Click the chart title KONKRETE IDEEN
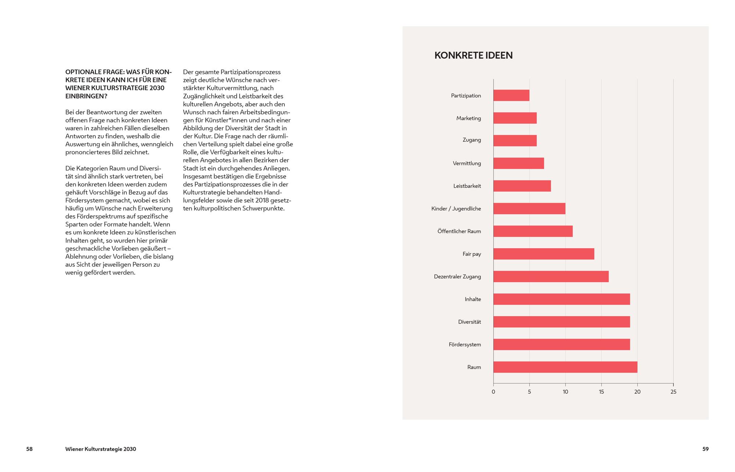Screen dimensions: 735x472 click(473, 55)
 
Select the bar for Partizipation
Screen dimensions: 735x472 click(511, 96)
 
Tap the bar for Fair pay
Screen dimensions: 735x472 click(544, 254)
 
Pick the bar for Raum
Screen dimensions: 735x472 click(565, 367)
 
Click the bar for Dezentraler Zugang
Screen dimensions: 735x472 click(551, 277)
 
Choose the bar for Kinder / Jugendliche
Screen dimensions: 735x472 click(529, 209)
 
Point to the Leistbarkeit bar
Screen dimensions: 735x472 click(522, 186)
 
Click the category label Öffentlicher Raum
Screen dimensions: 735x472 click(459, 231)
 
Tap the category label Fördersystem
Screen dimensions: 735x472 click(465, 345)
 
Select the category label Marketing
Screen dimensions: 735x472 click(469, 118)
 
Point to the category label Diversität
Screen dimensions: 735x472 click(469, 322)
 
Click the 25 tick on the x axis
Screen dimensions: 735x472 click(673, 392)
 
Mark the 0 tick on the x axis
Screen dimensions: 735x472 click(493, 392)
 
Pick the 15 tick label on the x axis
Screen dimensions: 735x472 click(601, 392)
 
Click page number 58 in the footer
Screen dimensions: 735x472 click(29, 449)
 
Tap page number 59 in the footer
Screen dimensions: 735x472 click(706, 449)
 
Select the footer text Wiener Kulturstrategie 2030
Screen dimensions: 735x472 click(101, 449)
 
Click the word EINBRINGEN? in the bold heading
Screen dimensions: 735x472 click(86, 96)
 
